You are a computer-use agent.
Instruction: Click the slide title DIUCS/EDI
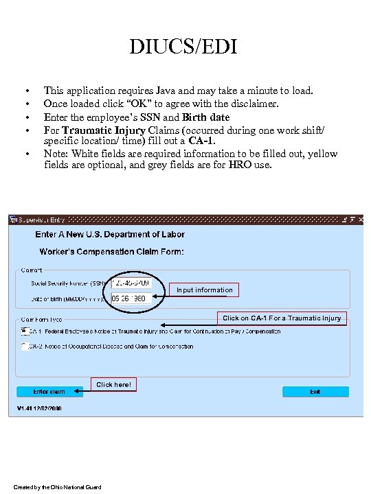click(x=185, y=47)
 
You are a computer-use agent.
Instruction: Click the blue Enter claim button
click(x=49, y=392)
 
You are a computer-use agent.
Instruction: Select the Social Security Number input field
click(x=135, y=283)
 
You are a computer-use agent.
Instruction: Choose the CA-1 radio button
click(x=24, y=331)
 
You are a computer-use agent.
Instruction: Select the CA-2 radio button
click(x=24, y=346)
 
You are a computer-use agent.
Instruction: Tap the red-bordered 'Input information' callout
click(x=205, y=290)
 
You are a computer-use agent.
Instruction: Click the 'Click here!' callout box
click(x=113, y=385)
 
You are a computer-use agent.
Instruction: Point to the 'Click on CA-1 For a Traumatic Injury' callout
click(x=282, y=318)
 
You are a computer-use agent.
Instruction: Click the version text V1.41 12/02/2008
click(x=39, y=408)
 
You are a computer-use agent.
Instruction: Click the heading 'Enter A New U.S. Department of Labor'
click(x=110, y=235)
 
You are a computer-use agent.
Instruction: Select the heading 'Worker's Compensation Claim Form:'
click(x=112, y=252)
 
